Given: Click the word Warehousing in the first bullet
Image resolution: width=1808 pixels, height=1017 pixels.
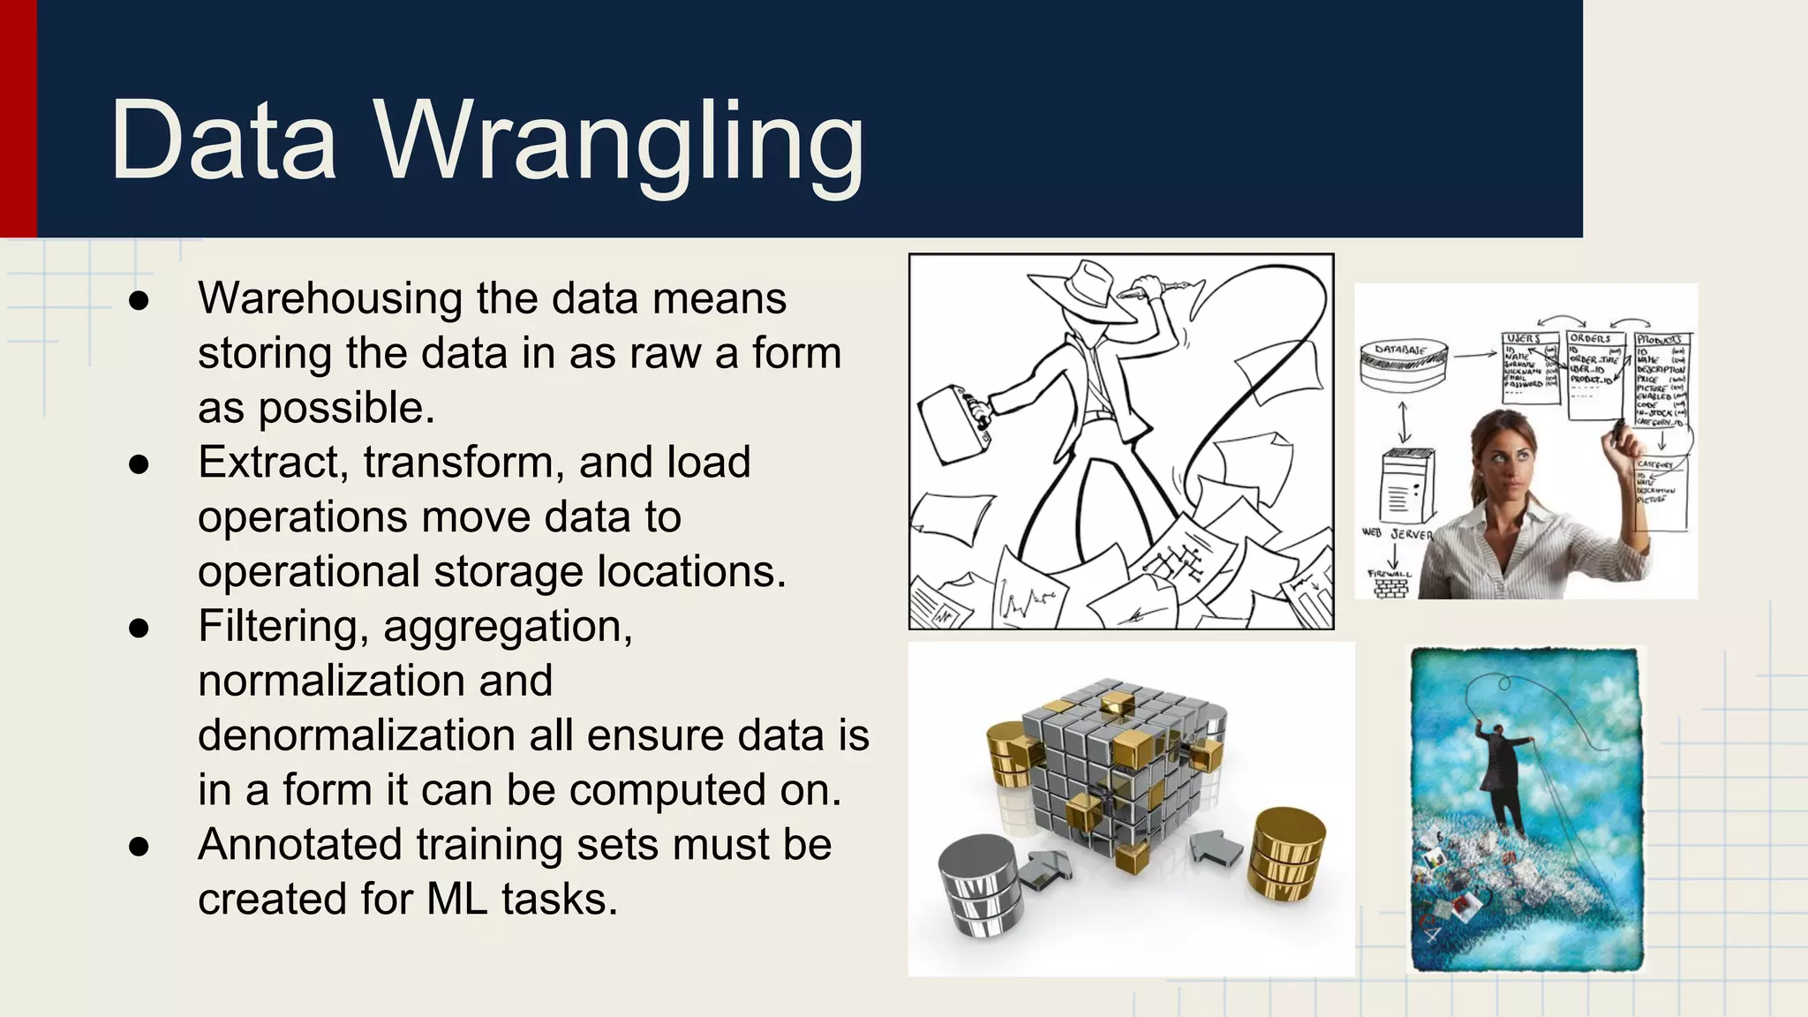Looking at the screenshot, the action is pyautogui.click(x=328, y=298).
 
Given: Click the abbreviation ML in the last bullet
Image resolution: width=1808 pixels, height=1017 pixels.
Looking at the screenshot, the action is pyautogui.click(x=456, y=900).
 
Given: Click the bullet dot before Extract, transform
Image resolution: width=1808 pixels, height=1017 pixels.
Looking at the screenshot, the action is pyautogui.click(x=139, y=464).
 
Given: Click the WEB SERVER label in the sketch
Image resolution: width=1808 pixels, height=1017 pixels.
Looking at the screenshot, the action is pyautogui.click(x=1397, y=533).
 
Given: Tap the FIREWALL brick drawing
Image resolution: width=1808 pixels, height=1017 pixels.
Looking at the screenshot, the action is pyautogui.click(x=1390, y=584).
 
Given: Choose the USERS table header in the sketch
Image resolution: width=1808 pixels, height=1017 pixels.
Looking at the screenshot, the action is pyautogui.click(x=1524, y=339).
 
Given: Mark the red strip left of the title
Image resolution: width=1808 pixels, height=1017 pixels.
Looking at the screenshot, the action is pyautogui.click(x=18, y=118).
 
